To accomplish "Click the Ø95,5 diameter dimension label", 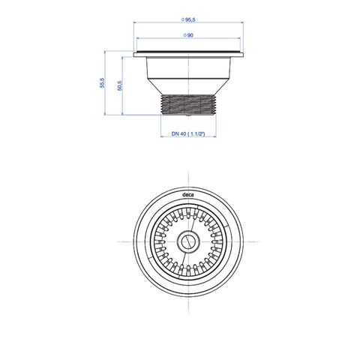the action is coord(188,19).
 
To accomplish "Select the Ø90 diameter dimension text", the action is coord(188,35).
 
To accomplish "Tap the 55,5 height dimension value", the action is coord(103,82).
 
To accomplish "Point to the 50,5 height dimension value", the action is coord(120,85).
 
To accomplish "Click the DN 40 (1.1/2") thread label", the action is coord(188,134).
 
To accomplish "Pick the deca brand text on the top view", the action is coord(187,195).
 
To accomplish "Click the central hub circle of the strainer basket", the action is coord(188,241).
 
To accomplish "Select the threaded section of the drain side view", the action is coord(188,104).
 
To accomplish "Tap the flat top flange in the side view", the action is coord(188,54).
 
